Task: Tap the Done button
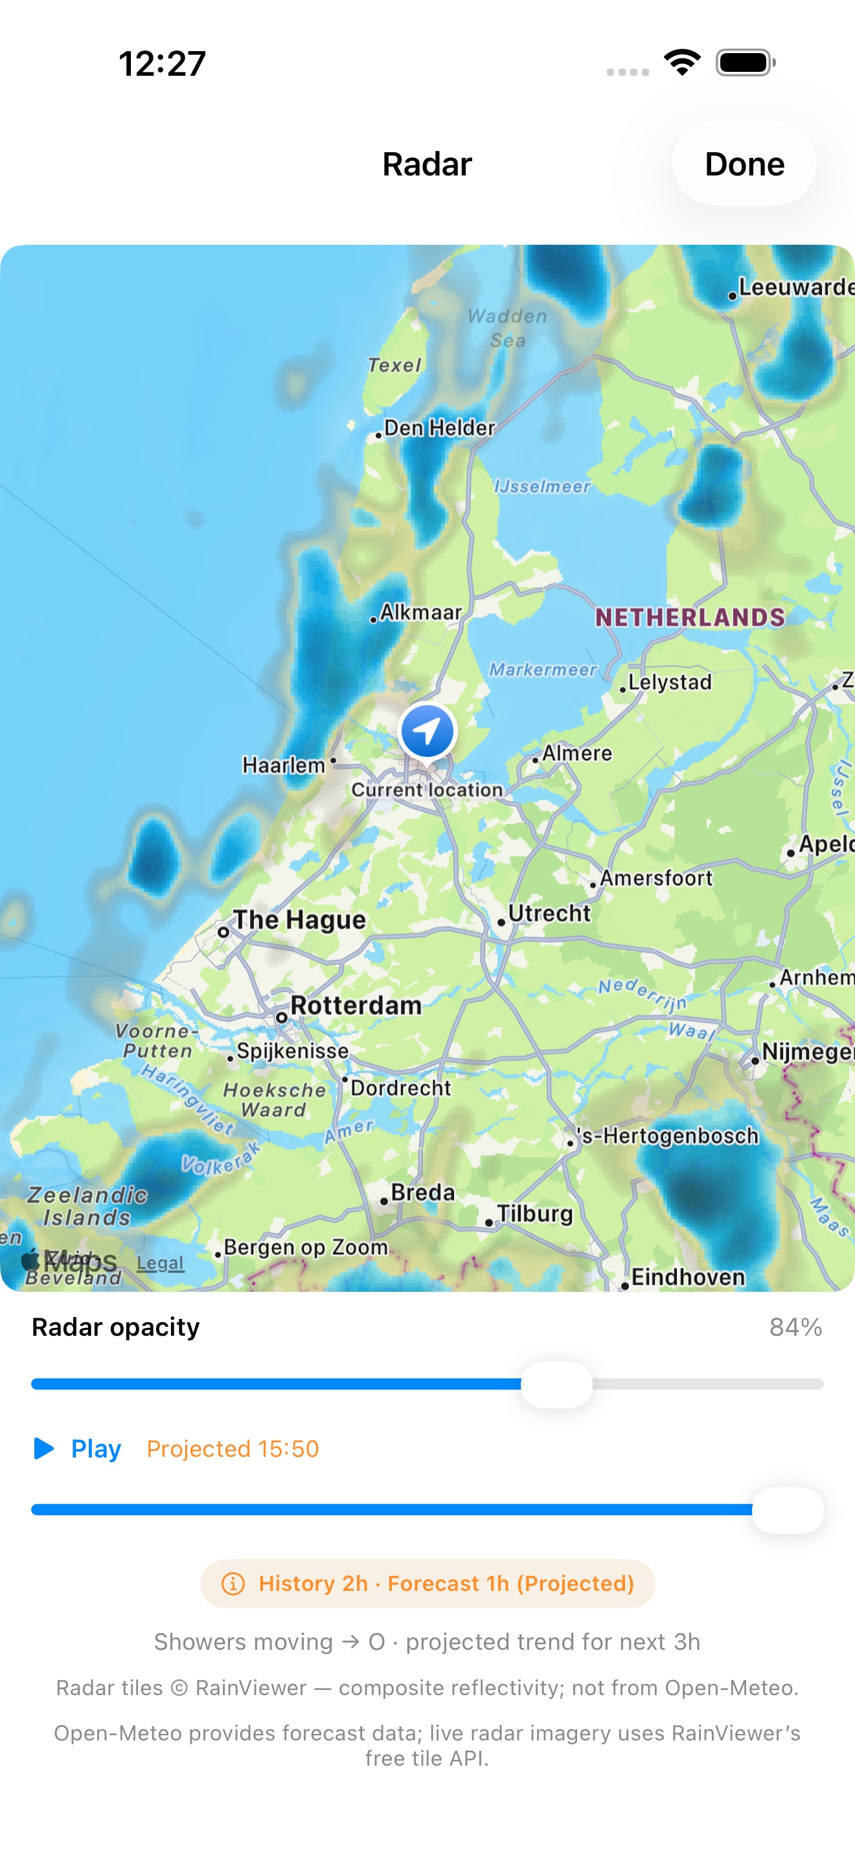744,164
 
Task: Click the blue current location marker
427,731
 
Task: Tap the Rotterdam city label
356,1006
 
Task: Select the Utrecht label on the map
549,914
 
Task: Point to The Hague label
299,920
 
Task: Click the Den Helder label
439,427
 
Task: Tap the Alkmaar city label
421,612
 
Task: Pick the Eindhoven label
688,1277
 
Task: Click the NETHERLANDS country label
690,617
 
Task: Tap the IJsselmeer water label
542,487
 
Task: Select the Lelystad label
670,682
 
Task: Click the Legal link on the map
160,1263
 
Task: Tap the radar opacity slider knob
556,1384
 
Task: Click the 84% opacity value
795,1327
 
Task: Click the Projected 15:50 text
232,1449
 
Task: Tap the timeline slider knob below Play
787,1509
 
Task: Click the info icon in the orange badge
233,1584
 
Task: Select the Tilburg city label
534,1213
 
